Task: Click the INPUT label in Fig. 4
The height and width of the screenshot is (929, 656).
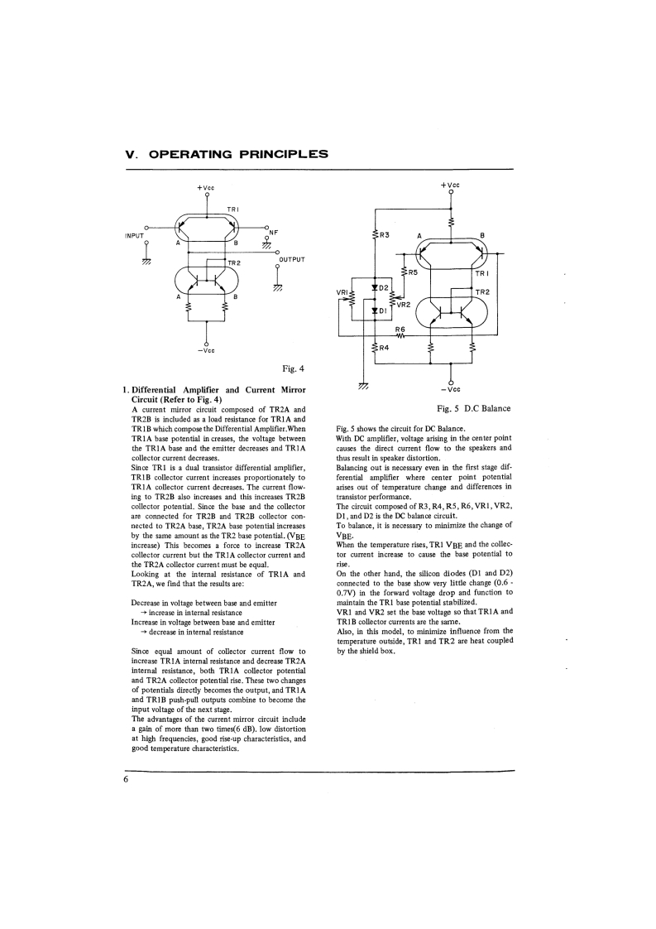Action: point(134,236)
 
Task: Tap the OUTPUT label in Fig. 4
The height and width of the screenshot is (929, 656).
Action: point(292,259)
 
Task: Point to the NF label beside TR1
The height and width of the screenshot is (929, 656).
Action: point(274,233)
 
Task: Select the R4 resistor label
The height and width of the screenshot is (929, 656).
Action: point(385,348)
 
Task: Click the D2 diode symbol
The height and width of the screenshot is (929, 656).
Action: point(375,287)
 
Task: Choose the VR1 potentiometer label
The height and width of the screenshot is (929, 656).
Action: point(342,292)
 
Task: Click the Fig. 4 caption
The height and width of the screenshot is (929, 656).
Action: point(294,368)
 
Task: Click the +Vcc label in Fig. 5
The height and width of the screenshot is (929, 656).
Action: point(450,185)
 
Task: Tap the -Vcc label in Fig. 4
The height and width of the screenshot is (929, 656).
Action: point(206,350)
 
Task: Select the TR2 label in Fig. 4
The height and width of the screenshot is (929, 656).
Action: point(234,262)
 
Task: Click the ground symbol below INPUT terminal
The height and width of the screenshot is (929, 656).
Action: point(146,261)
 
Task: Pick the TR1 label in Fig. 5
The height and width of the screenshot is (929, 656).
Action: point(482,272)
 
